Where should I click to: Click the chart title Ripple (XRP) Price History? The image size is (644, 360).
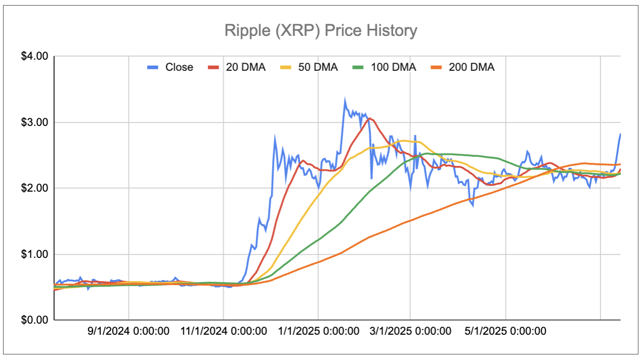coord(321,30)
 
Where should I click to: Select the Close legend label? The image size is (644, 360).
coord(179,67)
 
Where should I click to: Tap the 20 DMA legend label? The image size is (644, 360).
coord(245,67)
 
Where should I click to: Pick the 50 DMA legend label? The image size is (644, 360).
coord(317,67)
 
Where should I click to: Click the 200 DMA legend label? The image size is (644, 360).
coord(471,67)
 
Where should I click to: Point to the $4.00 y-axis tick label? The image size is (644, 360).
coord(34,56)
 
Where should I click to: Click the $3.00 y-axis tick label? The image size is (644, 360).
coord(34,122)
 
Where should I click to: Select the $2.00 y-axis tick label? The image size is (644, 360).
coord(34,188)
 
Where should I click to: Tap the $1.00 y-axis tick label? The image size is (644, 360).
coord(34,254)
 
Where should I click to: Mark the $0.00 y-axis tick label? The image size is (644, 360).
coord(34,320)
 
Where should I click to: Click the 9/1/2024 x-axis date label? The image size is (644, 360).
coord(128,331)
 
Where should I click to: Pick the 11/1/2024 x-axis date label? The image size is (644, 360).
coord(223,331)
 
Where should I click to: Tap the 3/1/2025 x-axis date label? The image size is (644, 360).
coord(410,331)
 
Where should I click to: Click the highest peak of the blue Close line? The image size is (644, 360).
coord(345,100)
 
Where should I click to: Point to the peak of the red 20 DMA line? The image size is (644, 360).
coord(369,118)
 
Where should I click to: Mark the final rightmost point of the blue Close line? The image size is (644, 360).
coord(620,134)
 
